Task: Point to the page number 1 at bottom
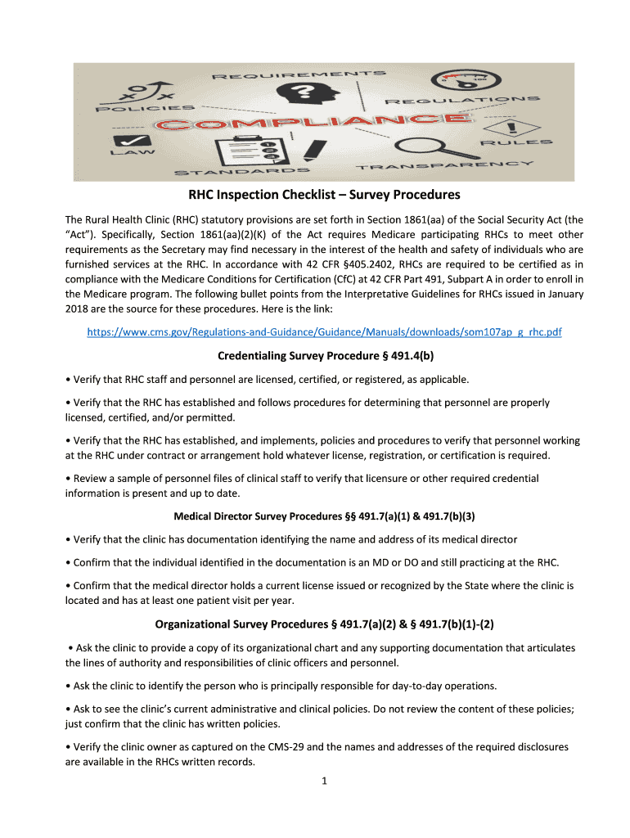pyautogui.click(x=324, y=781)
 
